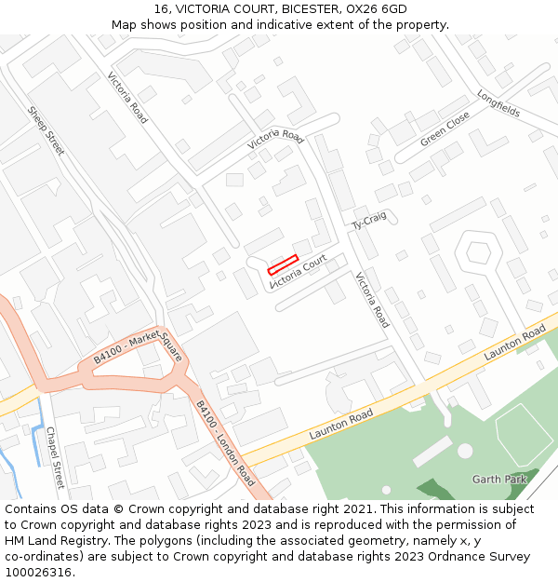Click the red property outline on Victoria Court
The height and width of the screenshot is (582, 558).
(282, 264)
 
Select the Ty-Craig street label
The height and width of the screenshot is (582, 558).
(369, 221)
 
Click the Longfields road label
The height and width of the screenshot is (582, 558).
(498, 102)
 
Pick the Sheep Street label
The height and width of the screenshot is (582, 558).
(46, 130)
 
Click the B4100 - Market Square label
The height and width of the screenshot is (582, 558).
(131, 346)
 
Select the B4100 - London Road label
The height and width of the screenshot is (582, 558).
(224, 442)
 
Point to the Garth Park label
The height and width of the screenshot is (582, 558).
(498, 480)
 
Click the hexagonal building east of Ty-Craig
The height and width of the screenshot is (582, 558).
(477, 251)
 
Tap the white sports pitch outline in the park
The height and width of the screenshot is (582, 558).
(525, 434)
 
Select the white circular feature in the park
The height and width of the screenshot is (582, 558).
(465, 451)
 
